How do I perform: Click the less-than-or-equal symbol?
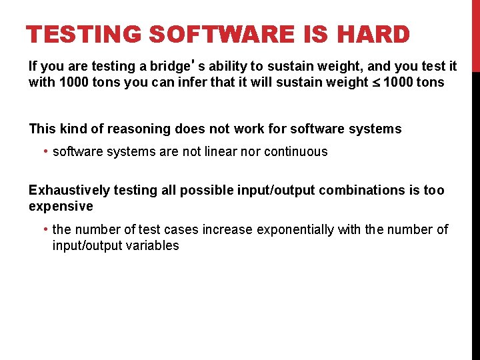click(375, 83)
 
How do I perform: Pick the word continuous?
click(296, 151)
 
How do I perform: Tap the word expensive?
click(61, 206)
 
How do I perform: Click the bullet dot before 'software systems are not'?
click(45, 151)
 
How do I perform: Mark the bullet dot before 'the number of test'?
click(45, 229)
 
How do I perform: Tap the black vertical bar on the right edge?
click(475, 213)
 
